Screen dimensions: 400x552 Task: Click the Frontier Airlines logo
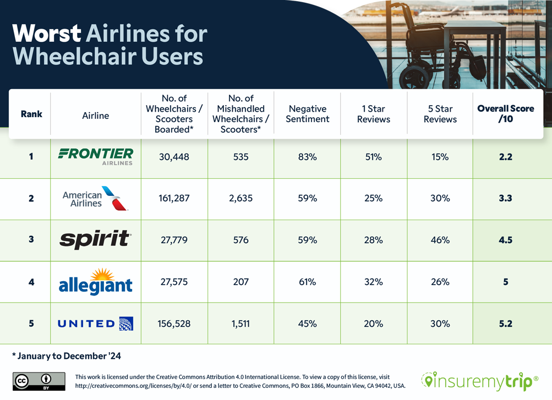coord(96,156)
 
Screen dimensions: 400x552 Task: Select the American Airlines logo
coord(96,199)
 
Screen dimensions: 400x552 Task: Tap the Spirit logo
coord(96,240)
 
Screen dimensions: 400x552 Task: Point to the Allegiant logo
coord(96,282)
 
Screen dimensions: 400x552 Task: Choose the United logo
coord(96,324)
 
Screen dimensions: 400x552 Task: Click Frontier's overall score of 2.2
coord(505,157)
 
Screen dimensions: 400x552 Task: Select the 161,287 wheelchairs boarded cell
coord(174,198)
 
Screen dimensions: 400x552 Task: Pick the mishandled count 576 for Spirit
coord(241,240)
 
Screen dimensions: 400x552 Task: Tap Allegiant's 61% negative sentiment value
coord(307,282)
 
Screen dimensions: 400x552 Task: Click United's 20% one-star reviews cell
coord(373,324)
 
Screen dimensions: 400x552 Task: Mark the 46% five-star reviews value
coord(440,240)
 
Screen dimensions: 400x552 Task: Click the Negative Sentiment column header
coord(307,114)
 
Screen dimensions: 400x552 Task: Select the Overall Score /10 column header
coord(505,114)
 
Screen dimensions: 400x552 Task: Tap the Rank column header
coord(31,114)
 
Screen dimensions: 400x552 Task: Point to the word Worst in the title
coord(46,34)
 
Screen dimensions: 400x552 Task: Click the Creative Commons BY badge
coord(39,381)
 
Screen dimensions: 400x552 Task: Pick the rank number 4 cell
coord(31,282)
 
